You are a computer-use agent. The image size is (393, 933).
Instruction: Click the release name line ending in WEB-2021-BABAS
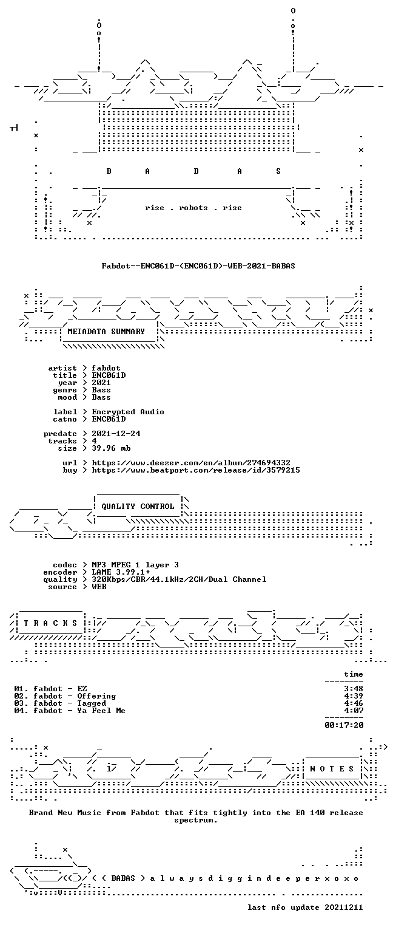tap(198, 265)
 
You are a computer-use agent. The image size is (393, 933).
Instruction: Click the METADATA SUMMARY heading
tap(106, 332)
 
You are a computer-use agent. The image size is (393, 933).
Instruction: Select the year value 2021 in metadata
tap(101, 382)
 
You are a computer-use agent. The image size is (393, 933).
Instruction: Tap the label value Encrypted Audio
tap(128, 411)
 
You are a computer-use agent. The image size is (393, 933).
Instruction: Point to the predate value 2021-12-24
tap(116, 434)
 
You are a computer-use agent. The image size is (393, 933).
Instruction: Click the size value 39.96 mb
tap(111, 448)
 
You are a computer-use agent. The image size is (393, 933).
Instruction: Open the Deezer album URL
tap(191, 463)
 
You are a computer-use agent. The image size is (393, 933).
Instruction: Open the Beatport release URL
tap(196, 470)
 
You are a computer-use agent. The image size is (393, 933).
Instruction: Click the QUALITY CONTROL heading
tap(138, 507)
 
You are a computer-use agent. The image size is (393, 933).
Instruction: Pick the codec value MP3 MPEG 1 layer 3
tap(135, 565)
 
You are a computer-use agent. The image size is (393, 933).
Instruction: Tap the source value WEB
tap(99, 587)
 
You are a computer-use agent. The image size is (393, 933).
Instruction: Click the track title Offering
tap(96, 696)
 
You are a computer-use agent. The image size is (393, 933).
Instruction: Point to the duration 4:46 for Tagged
tap(354, 703)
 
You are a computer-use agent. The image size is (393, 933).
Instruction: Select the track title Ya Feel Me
tap(101, 711)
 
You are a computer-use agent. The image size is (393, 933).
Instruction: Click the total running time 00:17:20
tap(344, 725)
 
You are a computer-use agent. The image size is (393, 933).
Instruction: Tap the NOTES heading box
tap(332, 769)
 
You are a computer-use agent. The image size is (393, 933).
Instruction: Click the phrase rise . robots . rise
tap(193, 208)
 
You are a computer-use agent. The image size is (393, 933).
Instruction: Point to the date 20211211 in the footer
tap(343, 907)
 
